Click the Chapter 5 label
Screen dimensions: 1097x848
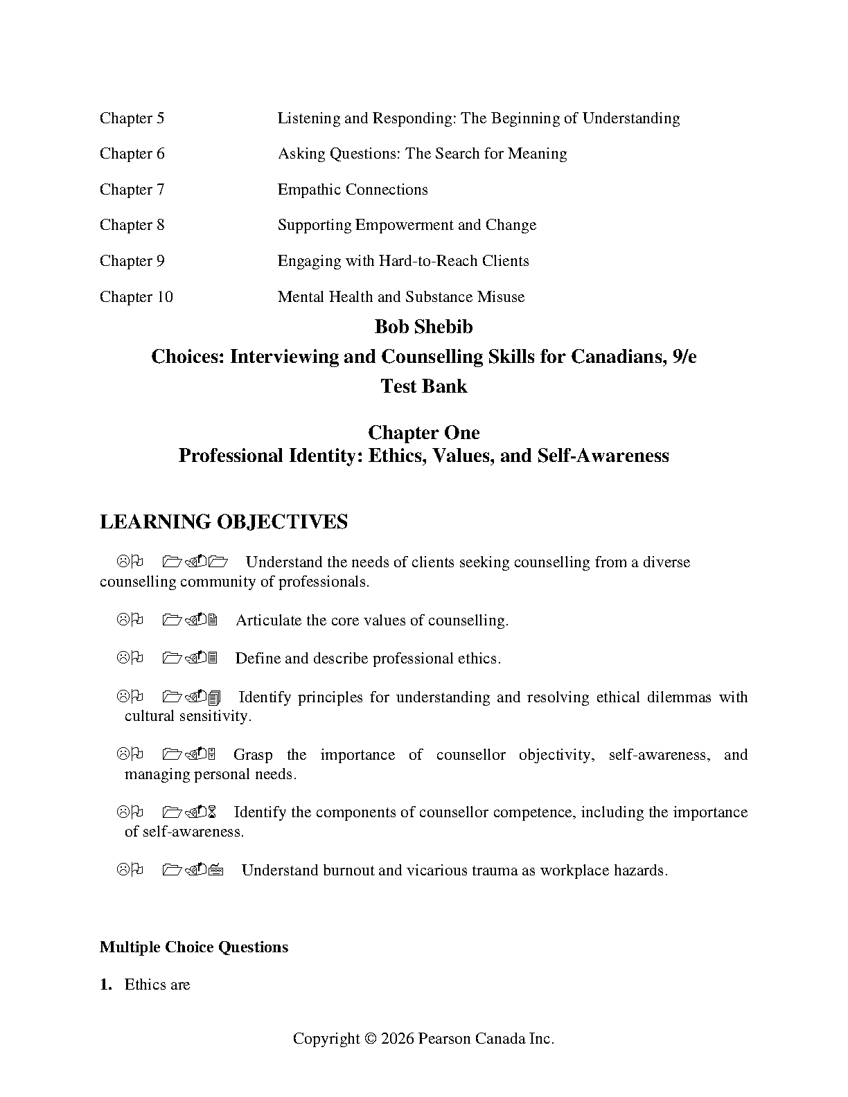132,118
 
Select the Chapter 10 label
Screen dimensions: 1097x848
136,297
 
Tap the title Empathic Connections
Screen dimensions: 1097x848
353,190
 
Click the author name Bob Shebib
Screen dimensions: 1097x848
423,327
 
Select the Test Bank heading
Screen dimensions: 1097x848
423,386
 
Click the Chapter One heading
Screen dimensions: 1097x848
423,433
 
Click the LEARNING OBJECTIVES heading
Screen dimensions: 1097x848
224,522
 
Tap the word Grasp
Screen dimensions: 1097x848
253,755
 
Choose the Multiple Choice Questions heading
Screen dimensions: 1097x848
194,947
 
